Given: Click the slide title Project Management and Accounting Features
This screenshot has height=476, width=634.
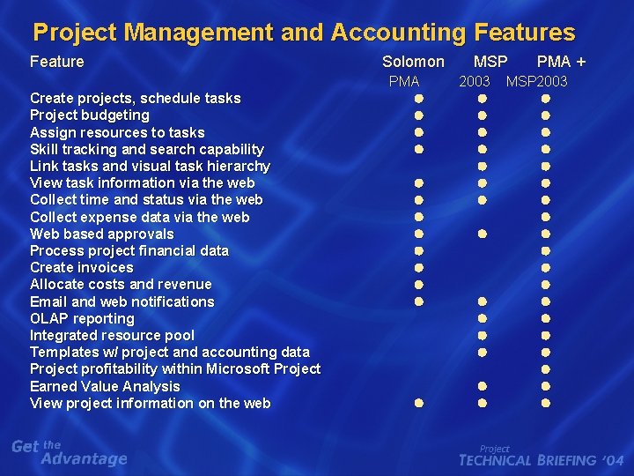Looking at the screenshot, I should click(x=304, y=33).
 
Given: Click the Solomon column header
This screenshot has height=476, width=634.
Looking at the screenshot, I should click(x=413, y=62).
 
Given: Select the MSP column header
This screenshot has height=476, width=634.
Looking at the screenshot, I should click(x=490, y=62).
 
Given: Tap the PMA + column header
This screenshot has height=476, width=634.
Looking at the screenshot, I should click(x=561, y=62).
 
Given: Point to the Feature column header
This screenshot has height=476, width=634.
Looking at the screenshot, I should click(x=57, y=62).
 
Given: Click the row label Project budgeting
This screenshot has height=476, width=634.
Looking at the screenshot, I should click(x=90, y=115).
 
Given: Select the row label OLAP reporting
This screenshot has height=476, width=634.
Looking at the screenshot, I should click(x=82, y=318).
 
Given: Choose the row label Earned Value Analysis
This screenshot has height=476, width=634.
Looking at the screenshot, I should click(x=105, y=386).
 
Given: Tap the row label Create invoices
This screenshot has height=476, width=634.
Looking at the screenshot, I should click(x=82, y=267).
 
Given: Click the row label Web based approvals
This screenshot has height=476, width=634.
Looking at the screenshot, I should click(x=102, y=234).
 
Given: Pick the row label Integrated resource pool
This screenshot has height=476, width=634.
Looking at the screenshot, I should click(x=113, y=335).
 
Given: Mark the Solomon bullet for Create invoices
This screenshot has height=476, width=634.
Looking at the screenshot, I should click(x=420, y=268).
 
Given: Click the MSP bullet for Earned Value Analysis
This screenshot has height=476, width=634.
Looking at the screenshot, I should click(x=483, y=386).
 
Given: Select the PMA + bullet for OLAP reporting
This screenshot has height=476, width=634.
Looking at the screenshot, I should click(x=546, y=318).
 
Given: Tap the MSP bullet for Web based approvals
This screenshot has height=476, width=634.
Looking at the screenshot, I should click(x=483, y=234).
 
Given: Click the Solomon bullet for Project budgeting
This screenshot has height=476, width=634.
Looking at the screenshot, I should click(x=420, y=115).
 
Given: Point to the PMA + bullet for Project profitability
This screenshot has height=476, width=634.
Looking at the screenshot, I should click(x=546, y=369).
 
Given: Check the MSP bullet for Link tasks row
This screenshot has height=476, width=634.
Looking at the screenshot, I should click(x=483, y=167).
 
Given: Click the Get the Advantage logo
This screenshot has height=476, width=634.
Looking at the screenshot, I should click(x=70, y=452).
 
